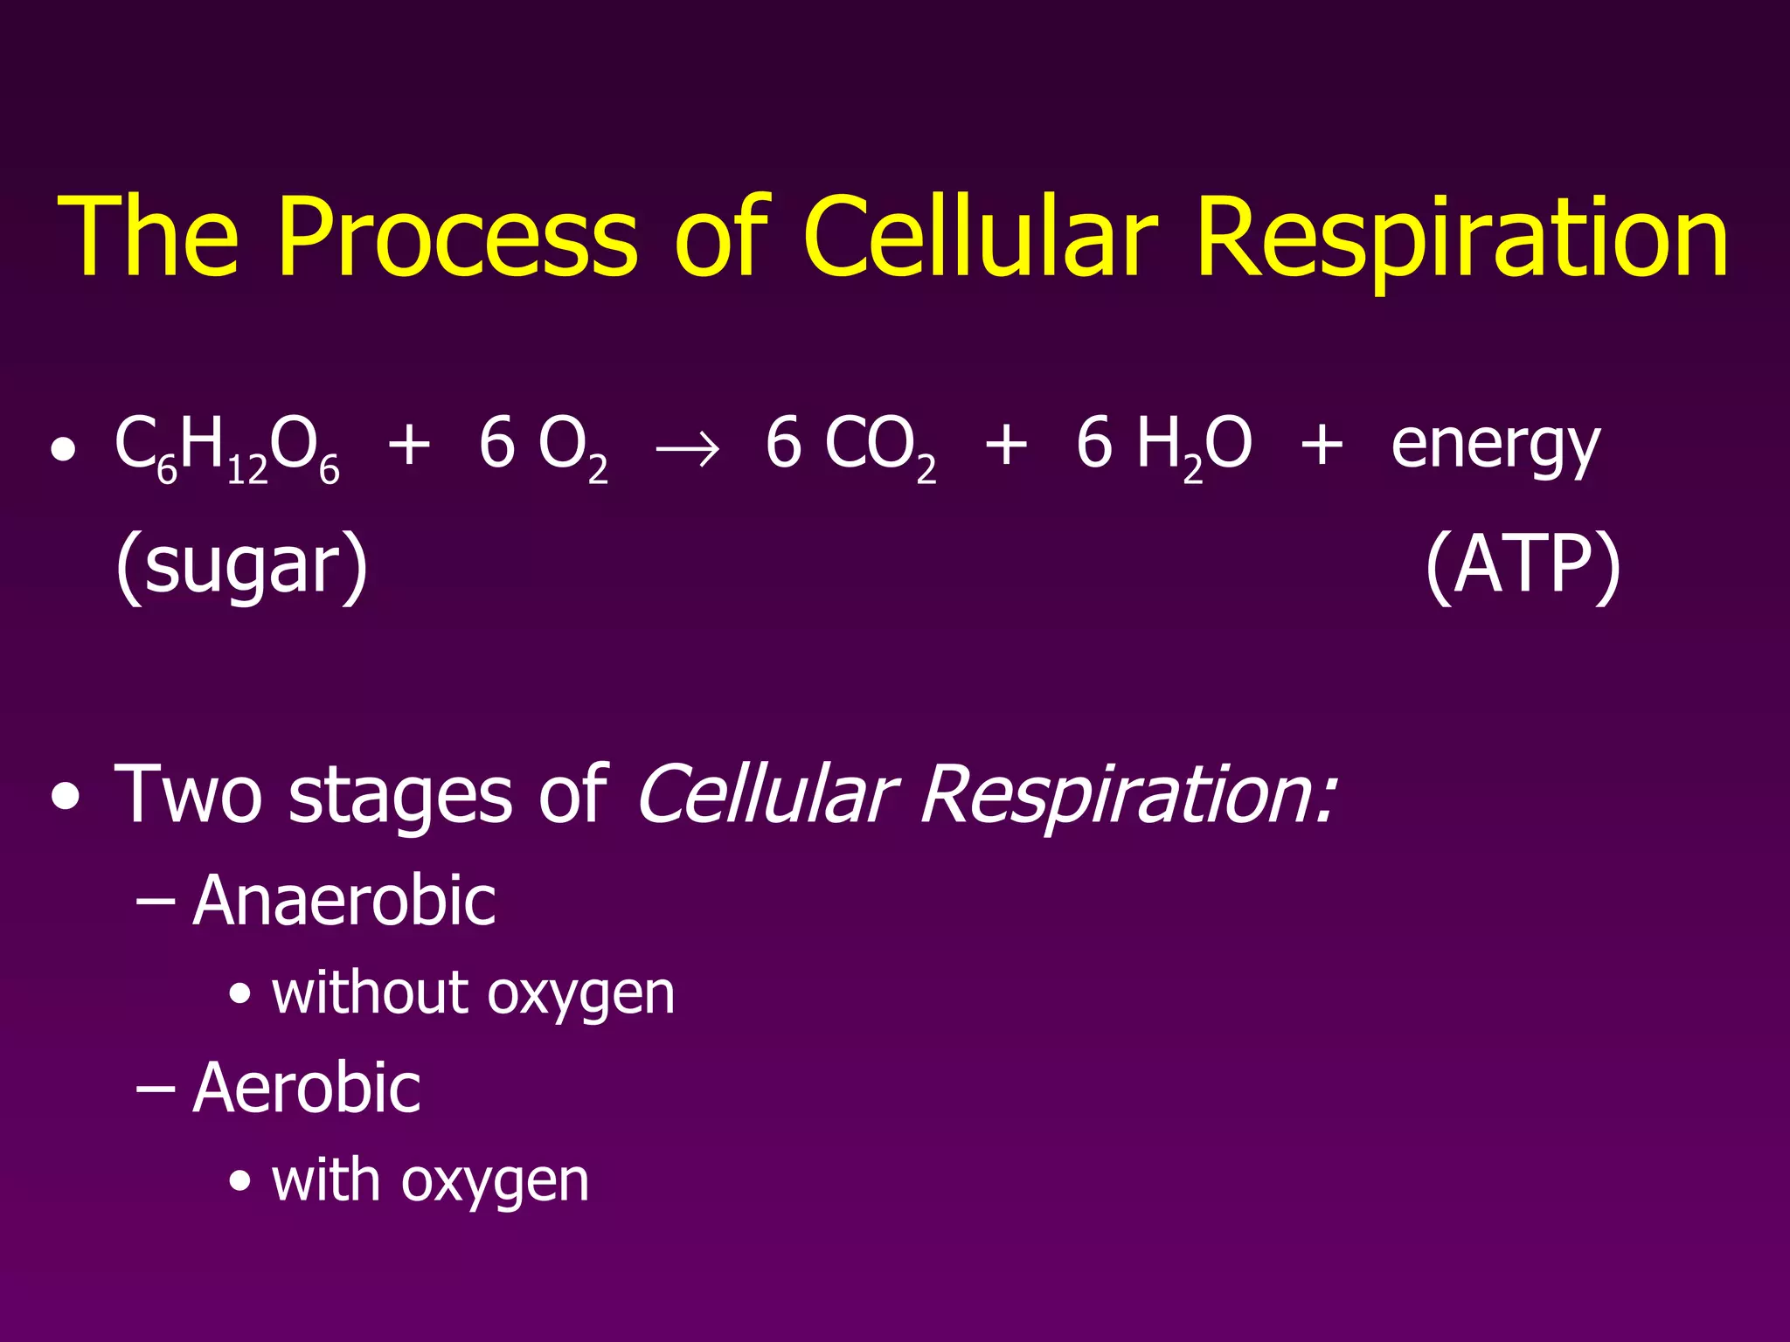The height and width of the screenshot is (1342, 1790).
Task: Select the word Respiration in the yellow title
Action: click(1461, 238)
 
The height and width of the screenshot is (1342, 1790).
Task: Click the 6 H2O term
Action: click(1163, 446)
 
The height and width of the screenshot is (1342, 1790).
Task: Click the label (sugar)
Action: click(242, 566)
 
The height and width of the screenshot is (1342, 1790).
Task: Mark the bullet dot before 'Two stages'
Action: click(64, 797)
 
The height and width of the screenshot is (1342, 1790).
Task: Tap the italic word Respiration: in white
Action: click(1127, 795)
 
